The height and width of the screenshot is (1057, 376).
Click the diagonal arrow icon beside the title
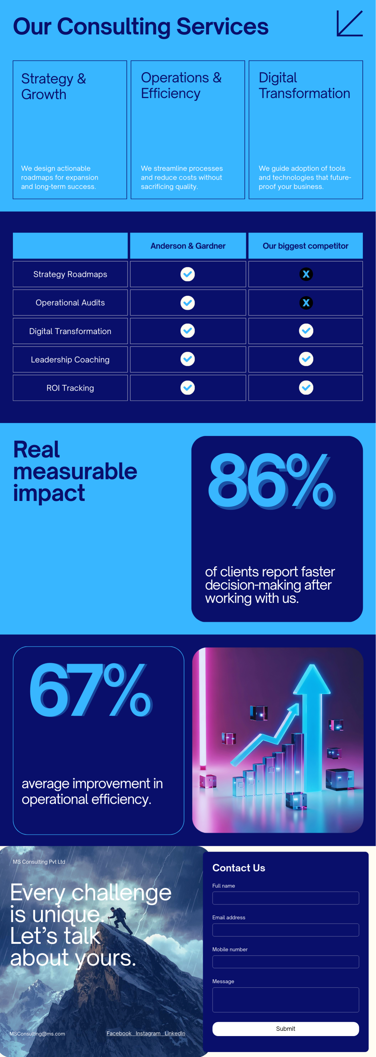(x=349, y=24)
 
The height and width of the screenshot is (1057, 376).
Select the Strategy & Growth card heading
(x=53, y=86)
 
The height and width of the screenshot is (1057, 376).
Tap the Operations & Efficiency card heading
(x=181, y=85)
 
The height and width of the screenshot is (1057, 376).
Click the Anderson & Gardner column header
(x=188, y=246)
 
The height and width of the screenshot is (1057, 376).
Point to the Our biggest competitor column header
(x=306, y=246)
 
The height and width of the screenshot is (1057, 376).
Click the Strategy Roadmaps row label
(x=70, y=274)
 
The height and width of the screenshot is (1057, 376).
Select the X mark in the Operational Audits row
(x=306, y=303)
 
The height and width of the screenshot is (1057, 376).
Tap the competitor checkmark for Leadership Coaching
(x=306, y=359)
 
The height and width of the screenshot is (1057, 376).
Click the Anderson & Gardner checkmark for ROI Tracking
(x=188, y=388)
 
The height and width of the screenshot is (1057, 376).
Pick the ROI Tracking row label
(x=70, y=388)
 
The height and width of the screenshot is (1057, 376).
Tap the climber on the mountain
(x=118, y=919)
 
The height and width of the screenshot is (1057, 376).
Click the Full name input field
(x=285, y=898)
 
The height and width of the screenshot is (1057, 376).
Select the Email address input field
(x=285, y=930)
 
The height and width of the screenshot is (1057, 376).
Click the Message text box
(x=285, y=999)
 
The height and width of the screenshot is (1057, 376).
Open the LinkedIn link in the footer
(x=175, y=1033)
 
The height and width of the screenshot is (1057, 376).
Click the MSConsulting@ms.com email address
(x=37, y=1034)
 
